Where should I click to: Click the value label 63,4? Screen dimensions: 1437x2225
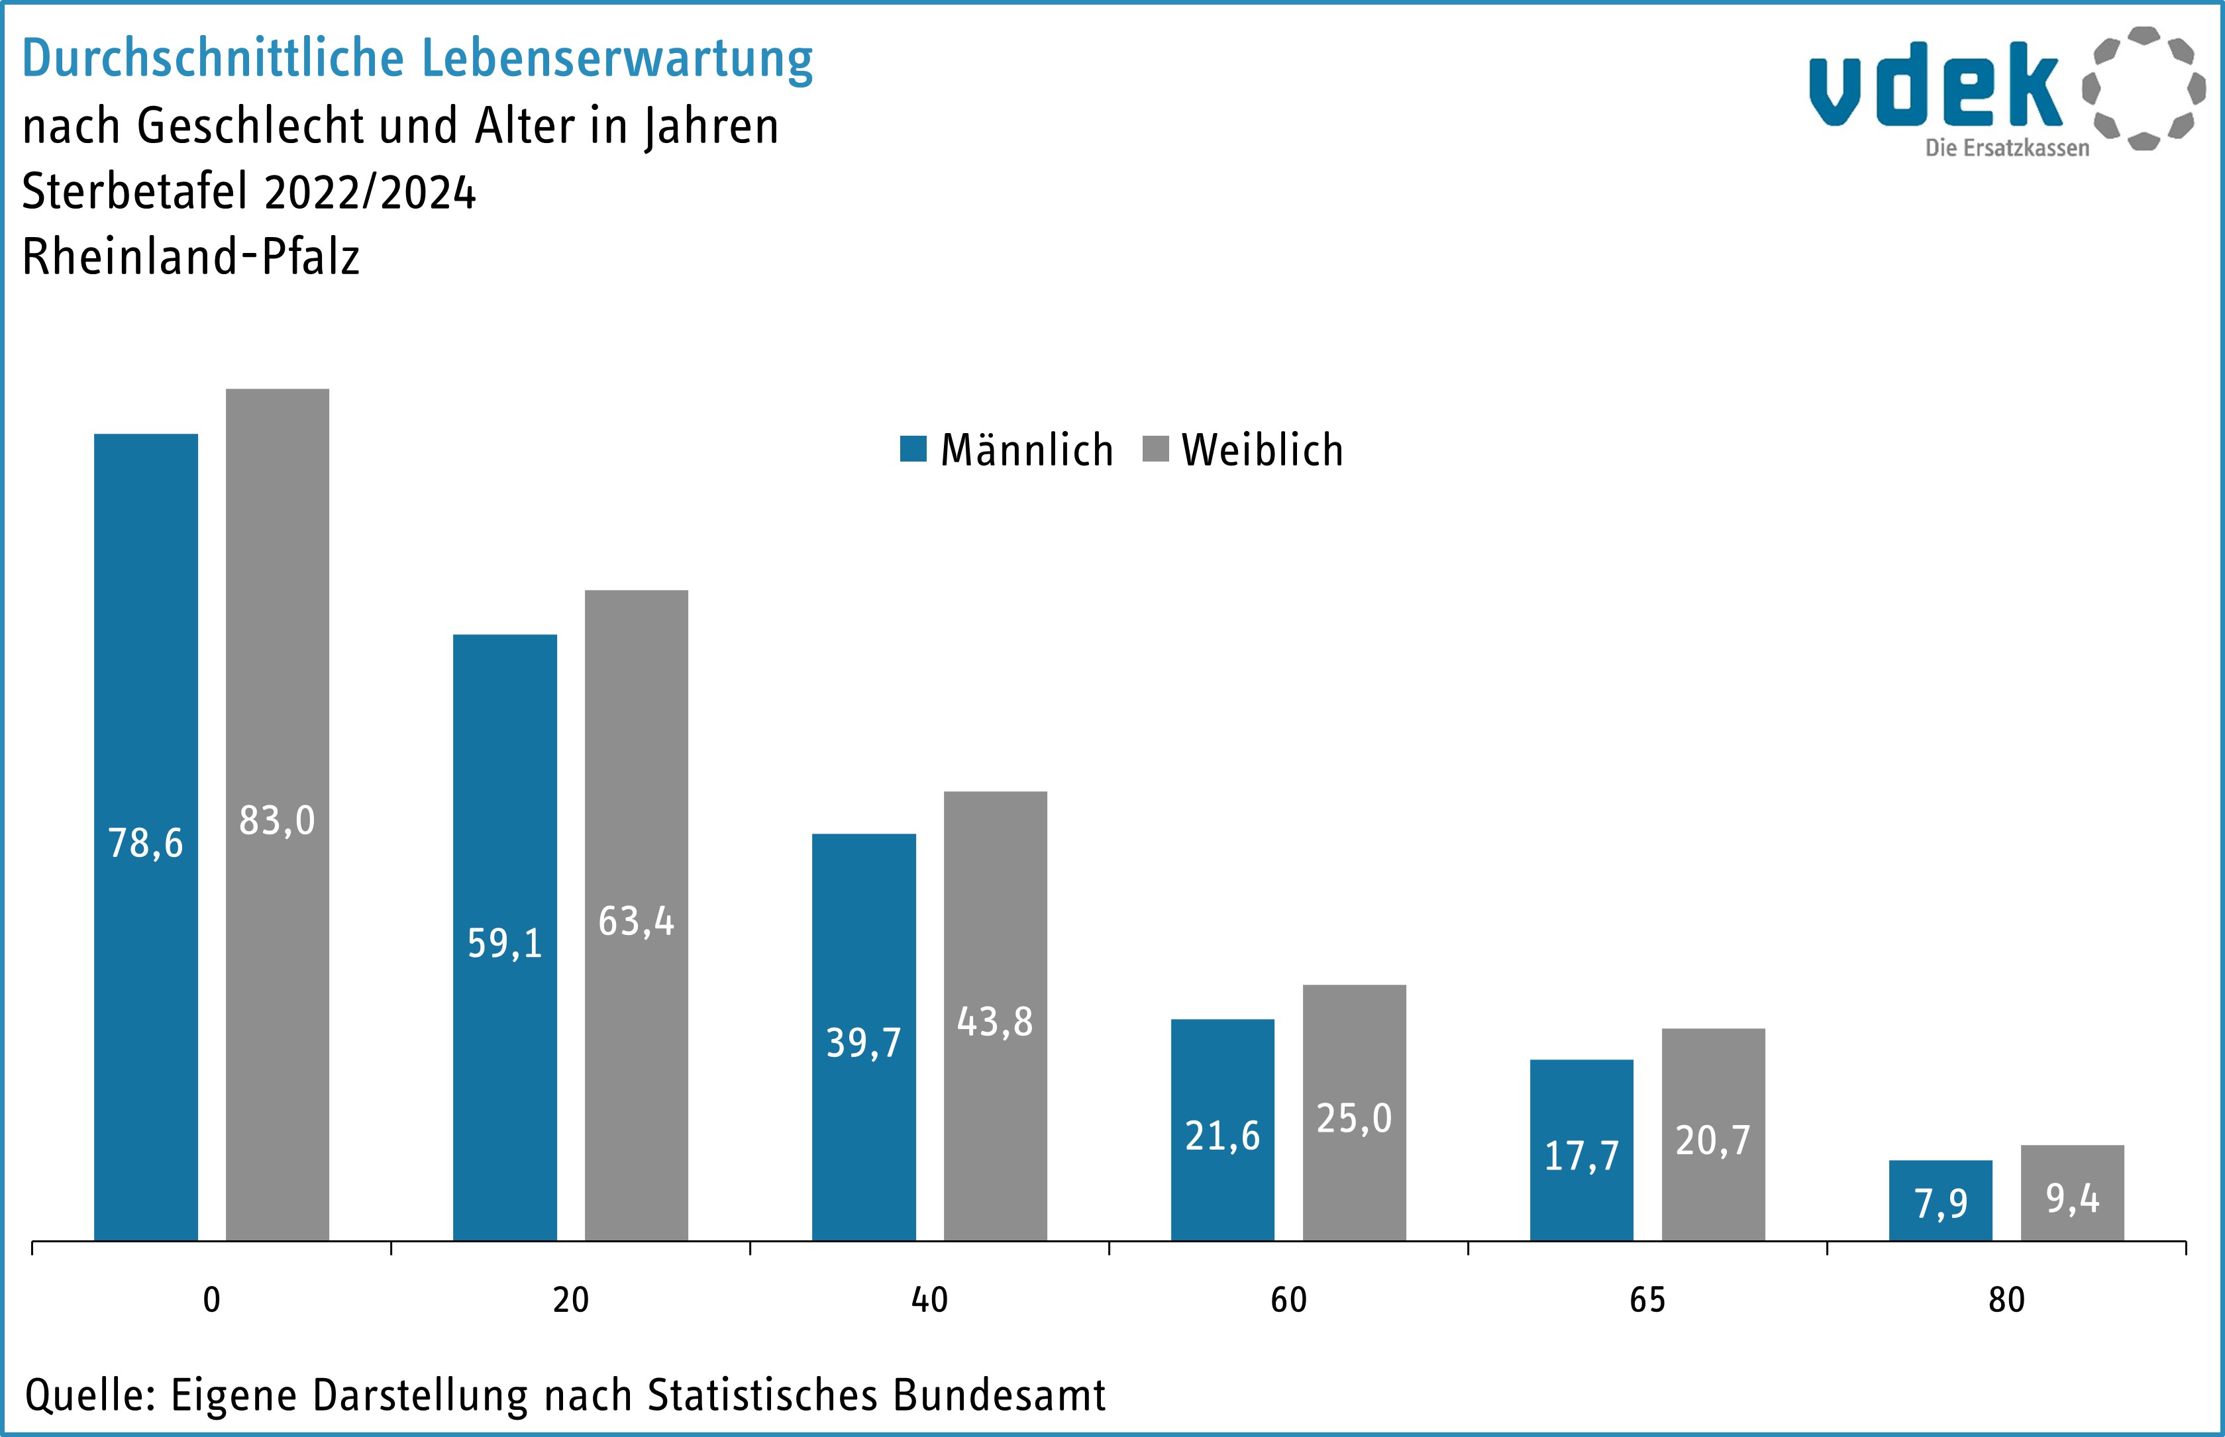pyautogui.click(x=636, y=922)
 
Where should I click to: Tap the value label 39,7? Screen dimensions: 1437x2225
pyautogui.click(x=863, y=1042)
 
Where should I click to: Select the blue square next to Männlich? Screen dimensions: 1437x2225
pyautogui.click(x=913, y=449)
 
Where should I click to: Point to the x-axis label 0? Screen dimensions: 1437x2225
pyautogui.click(x=212, y=1300)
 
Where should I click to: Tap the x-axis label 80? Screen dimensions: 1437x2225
pyautogui.click(x=2006, y=1300)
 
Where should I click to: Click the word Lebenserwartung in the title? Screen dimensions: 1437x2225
pyautogui.click(x=617, y=59)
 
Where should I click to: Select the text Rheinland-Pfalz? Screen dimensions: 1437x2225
pyautogui.click(x=190, y=257)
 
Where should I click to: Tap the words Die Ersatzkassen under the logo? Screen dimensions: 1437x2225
pyautogui.click(x=2006, y=148)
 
